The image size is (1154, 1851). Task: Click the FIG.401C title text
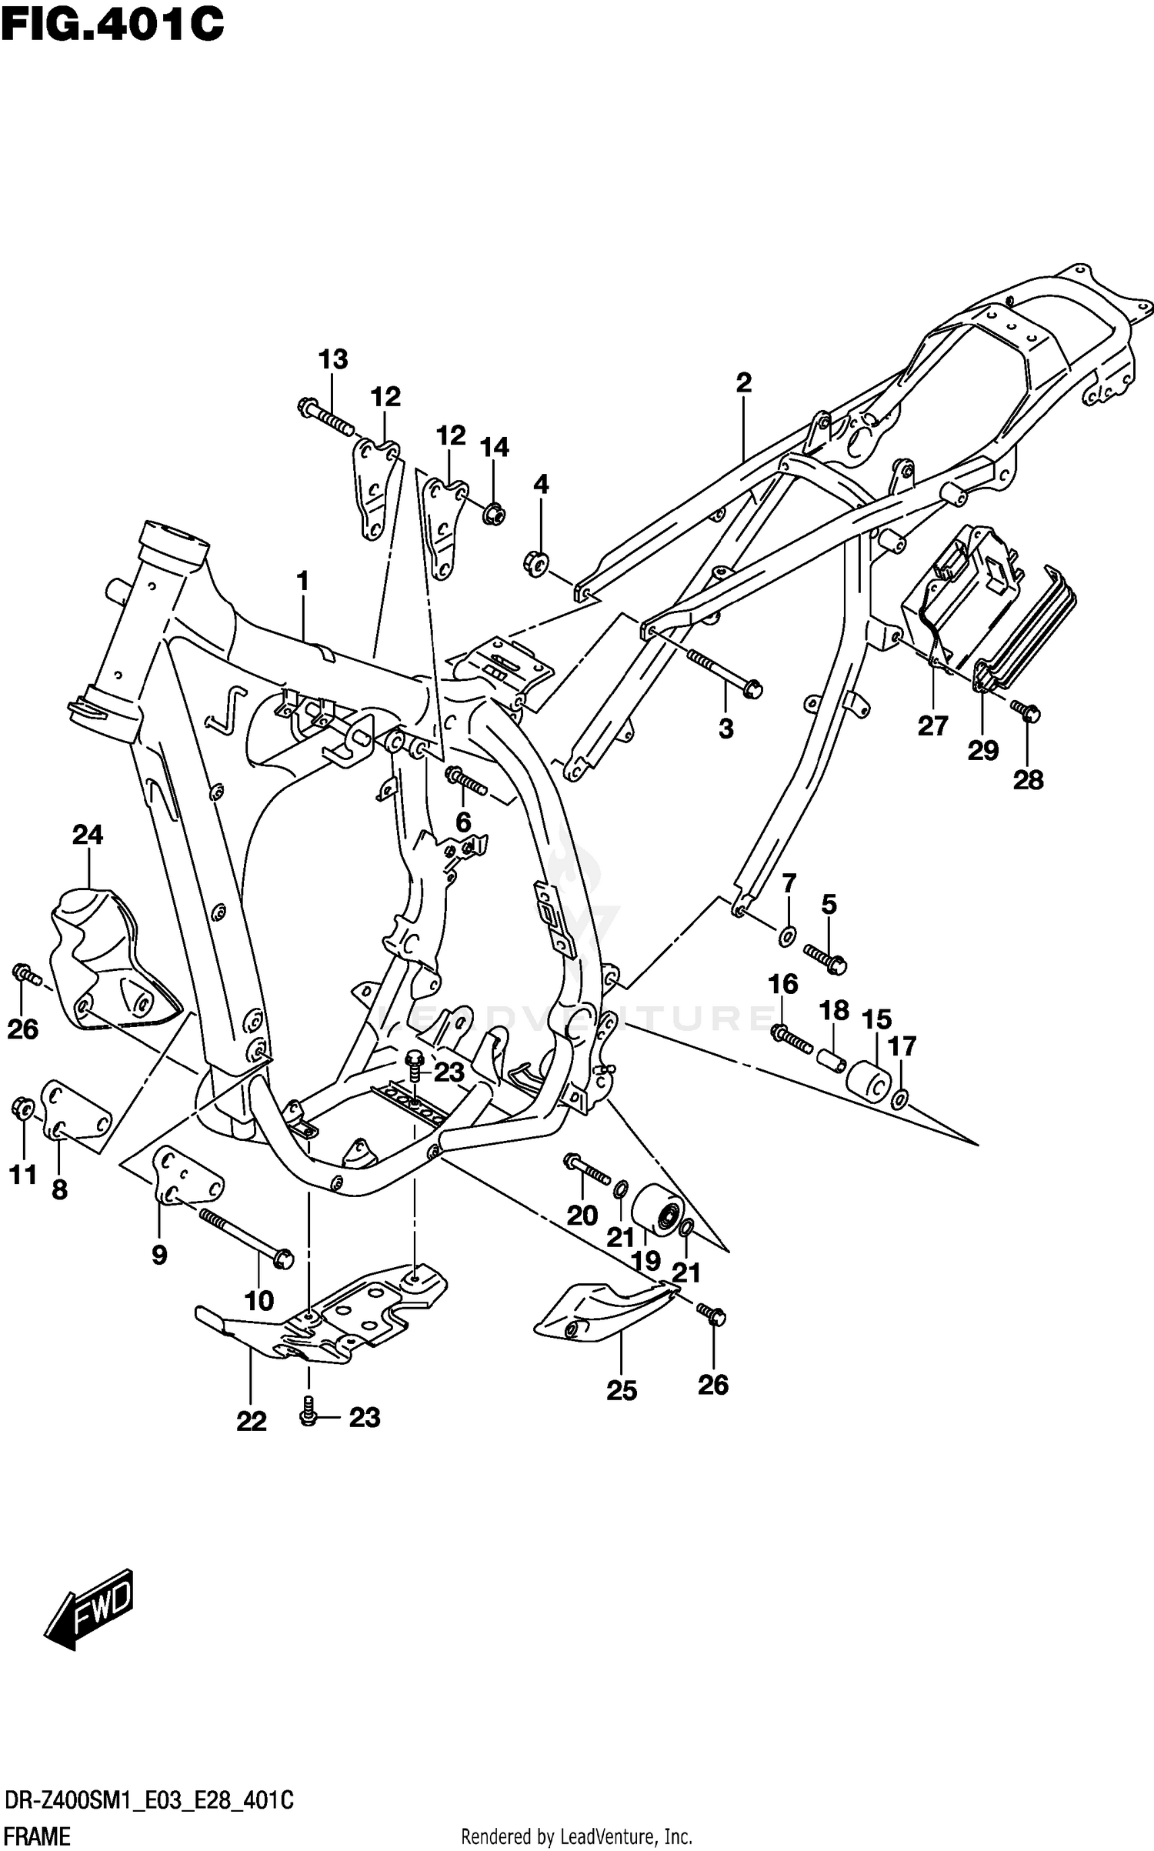pyautogui.click(x=112, y=25)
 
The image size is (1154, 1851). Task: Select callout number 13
pyautogui.click(x=333, y=359)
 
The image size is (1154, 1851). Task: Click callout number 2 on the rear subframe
pyautogui.click(x=743, y=382)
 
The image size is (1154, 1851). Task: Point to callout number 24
pyautogui.click(x=88, y=834)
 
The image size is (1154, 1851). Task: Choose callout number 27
pyautogui.click(x=932, y=725)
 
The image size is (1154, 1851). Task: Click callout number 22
pyautogui.click(x=252, y=1422)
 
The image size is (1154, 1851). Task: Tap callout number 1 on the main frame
pyautogui.click(x=302, y=581)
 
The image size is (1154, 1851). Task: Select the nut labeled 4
pyautogui.click(x=537, y=562)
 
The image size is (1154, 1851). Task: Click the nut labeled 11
pyautogui.click(x=23, y=1109)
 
